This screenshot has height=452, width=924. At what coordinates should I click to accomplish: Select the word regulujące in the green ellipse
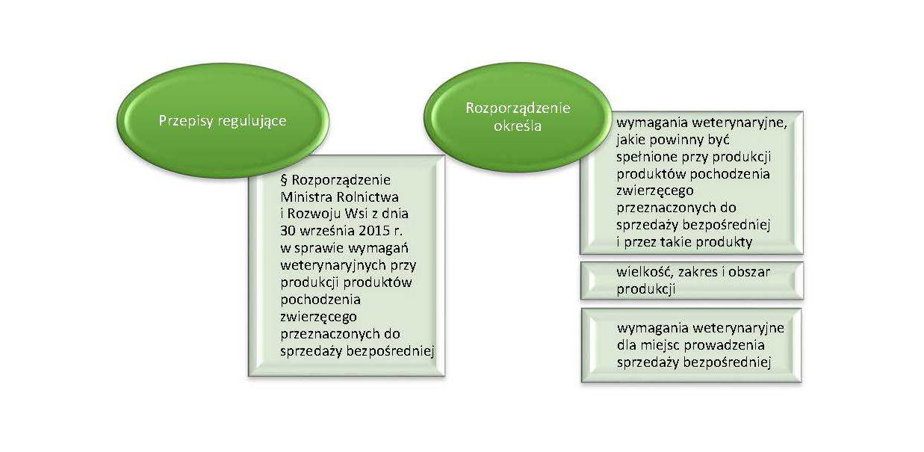tap(252, 121)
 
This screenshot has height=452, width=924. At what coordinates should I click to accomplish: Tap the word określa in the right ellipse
tap(517, 126)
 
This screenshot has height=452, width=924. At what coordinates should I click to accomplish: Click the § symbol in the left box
tap(284, 180)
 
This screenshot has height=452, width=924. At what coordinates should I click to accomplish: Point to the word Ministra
tap(306, 197)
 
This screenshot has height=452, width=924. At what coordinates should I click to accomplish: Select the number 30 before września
tap(288, 231)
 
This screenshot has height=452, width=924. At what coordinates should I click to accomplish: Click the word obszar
tap(749, 272)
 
